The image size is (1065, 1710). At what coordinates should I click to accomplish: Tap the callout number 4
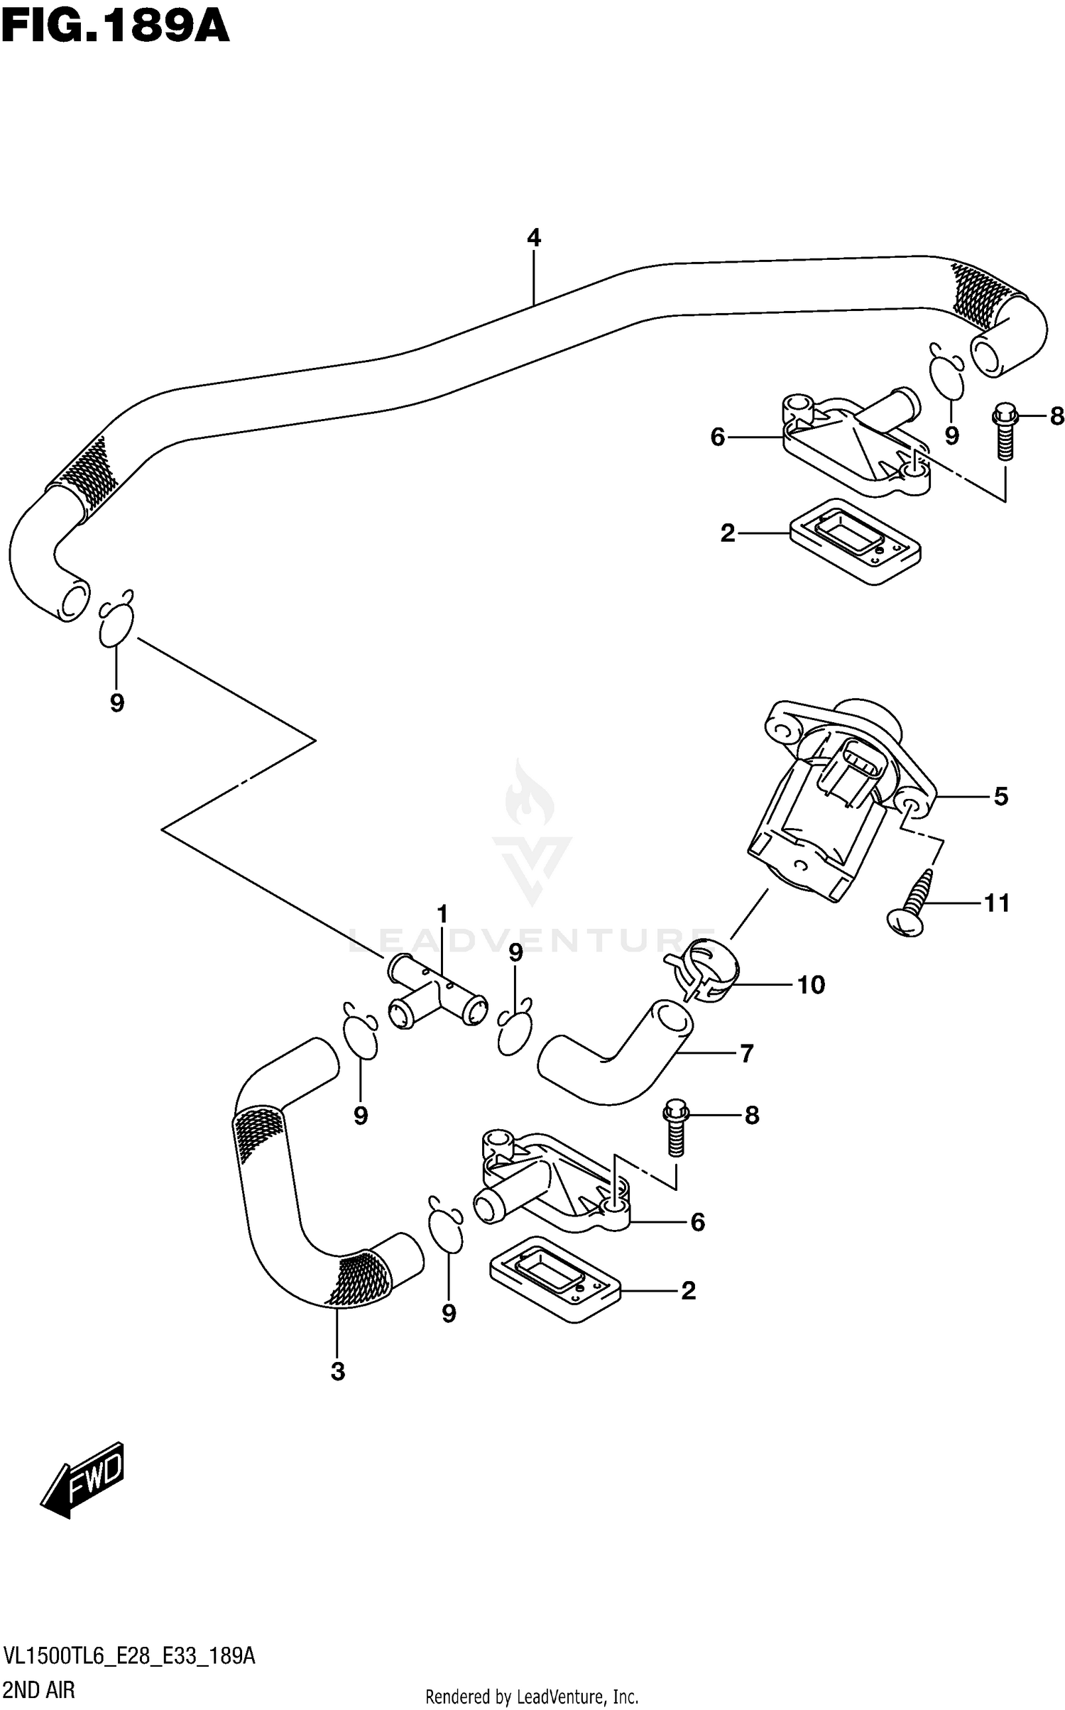point(534,237)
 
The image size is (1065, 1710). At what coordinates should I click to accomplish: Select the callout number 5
point(1000,797)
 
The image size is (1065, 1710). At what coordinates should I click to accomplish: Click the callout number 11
point(996,903)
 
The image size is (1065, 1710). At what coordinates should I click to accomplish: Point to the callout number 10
point(811,985)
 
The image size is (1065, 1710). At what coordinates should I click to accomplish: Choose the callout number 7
point(746,1053)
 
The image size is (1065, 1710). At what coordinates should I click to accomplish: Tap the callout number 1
point(442,914)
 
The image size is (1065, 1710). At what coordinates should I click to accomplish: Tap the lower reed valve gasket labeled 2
point(555,1289)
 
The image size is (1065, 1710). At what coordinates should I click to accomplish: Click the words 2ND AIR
point(39,1691)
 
